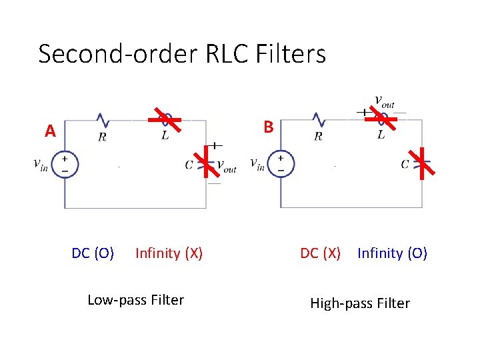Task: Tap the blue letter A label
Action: coord(50,131)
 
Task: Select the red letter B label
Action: coord(268,127)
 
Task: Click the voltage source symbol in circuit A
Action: coord(65,164)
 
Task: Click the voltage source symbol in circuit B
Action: coord(281,163)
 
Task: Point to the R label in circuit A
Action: coord(102,137)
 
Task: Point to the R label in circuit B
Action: coord(318,137)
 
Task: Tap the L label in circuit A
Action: coord(165,136)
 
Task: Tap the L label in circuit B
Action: coord(381,135)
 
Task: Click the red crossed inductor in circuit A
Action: coord(165,120)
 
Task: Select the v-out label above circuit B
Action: coord(384,101)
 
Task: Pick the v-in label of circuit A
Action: coord(41,164)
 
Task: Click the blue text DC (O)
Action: coord(93,253)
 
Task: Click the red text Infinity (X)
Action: coord(169,253)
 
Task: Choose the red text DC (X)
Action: coord(320,253)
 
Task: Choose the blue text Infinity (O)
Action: coord(392,253)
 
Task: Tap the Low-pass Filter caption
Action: coord(135,300)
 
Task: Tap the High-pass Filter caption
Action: coord(360,303)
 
